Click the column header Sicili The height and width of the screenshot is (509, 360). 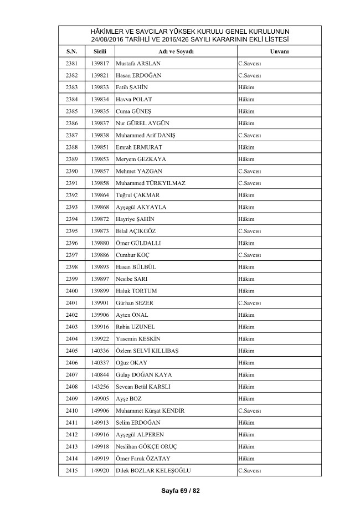(100, 51)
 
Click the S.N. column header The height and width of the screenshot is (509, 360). (71, 51)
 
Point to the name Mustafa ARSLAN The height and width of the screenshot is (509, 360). (138, 63)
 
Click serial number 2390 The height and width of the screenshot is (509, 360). (71, 171)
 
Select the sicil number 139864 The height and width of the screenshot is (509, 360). (100, 196)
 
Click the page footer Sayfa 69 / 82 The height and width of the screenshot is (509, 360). (179, 491)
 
